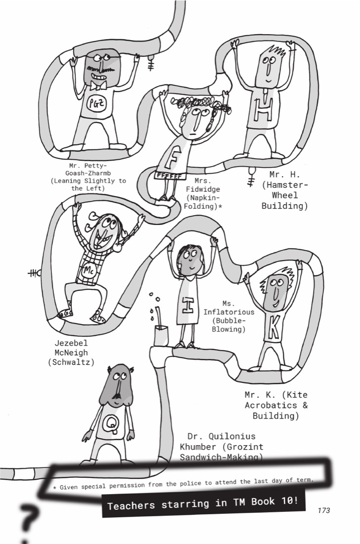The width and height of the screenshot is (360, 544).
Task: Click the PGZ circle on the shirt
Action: click(97, 103)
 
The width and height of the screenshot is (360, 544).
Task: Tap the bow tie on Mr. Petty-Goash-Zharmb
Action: click(98, 86)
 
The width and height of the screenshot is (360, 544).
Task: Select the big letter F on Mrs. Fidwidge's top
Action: click(173, 157)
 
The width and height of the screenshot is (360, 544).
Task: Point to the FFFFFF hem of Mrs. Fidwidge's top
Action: click(168, 176)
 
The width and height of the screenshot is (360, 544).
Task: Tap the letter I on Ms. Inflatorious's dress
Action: click(187, 305)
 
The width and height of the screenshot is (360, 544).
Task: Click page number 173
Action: click(323, 510)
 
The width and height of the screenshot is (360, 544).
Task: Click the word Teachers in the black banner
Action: click(131, 505)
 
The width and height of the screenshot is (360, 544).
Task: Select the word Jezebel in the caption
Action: click(71, 343)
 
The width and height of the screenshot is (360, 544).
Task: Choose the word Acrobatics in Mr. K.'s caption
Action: click(266, 405)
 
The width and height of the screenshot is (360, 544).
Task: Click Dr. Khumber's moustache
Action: click(117, 396)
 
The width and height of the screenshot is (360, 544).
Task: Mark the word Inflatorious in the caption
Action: click(228, 312)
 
